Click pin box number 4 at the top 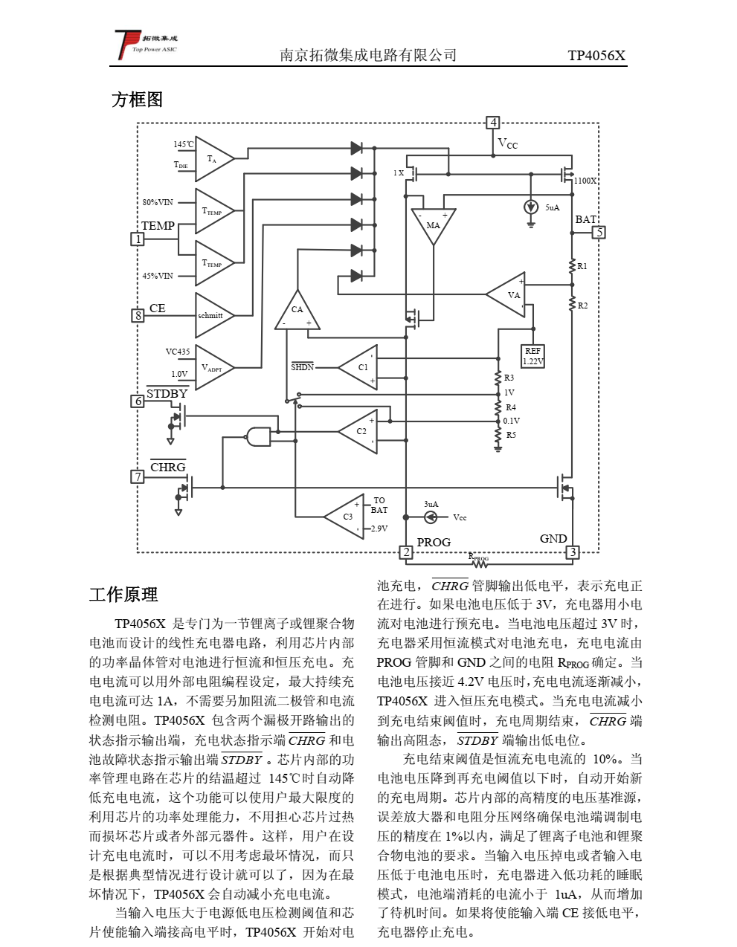[492, 123]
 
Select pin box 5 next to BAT [599, 232]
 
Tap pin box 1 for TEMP [138, 239]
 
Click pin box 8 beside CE [138, 315]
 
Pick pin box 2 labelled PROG [406, 552]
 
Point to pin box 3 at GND [572, 552]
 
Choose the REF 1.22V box [533, 356]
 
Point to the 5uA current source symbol [531, 207]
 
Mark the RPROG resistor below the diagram [480, 563]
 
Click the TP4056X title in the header [596, 55]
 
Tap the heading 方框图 [137, 100]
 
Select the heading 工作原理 [123, 595]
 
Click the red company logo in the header [126, 45]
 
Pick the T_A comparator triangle [214, 158]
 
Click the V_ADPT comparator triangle [213, 367]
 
